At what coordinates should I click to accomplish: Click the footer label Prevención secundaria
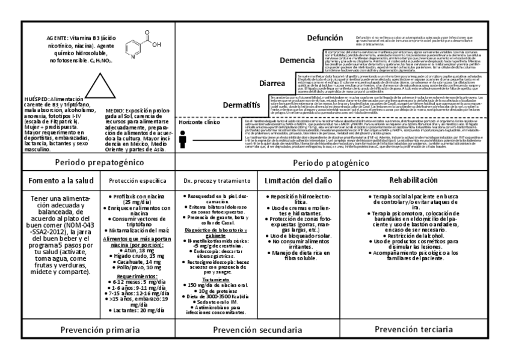click(257, 331)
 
